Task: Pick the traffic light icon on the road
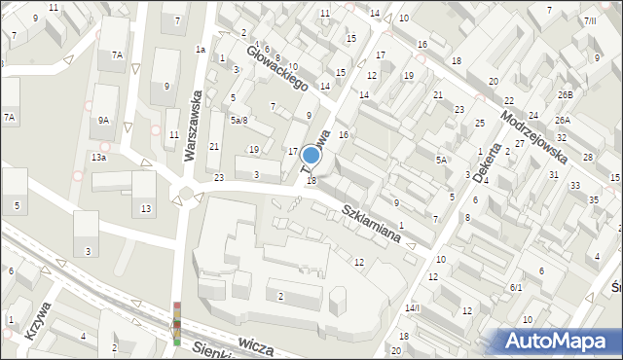pos(177,324)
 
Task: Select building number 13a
pos(99,157)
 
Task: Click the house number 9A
pos(103,121)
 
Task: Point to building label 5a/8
pos(238,120)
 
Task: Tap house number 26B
pos(566,94)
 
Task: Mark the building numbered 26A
pos(563,120)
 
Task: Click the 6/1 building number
pos(516,288)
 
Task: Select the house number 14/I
pos(413,307)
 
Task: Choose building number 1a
pos(201,49)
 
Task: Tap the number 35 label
pos(594,199)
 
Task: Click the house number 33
pos(575,185)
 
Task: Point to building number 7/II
pos(590,20)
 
